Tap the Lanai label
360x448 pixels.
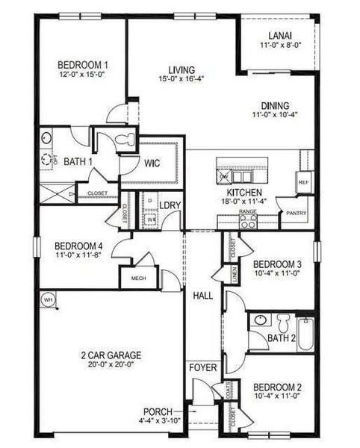(280, 35)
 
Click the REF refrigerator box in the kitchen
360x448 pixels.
(303, 182)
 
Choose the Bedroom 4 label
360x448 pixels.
(78, 246)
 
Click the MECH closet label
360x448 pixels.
(138, 278)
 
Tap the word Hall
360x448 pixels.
(203, 296)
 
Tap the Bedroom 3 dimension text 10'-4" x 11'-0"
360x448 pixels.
(276, 274)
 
